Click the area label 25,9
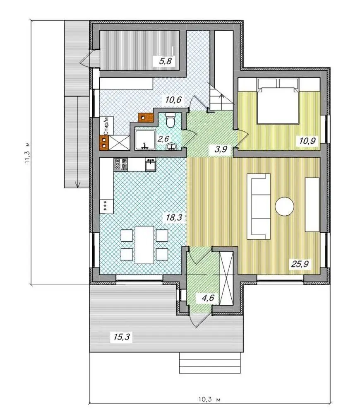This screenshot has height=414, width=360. (x=300, y=263)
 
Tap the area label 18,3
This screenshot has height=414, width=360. (x=174, y=217)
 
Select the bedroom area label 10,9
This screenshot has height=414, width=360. (x=307, y=140)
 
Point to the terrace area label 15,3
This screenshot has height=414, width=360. (x=122, y=337)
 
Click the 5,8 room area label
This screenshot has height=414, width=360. (x=165, y=61)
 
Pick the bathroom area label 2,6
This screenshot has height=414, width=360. (x=163, y=139)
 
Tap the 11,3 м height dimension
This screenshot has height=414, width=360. (x=27, y=153)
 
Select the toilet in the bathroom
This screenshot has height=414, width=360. (x=170, y=120)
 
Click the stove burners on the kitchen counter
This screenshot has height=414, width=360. (x=121, y=164)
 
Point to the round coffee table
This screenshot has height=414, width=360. (x=284, y=207)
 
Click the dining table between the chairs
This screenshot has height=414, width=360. (x=144, y=245)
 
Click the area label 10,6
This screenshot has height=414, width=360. (x=173, y=100)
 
